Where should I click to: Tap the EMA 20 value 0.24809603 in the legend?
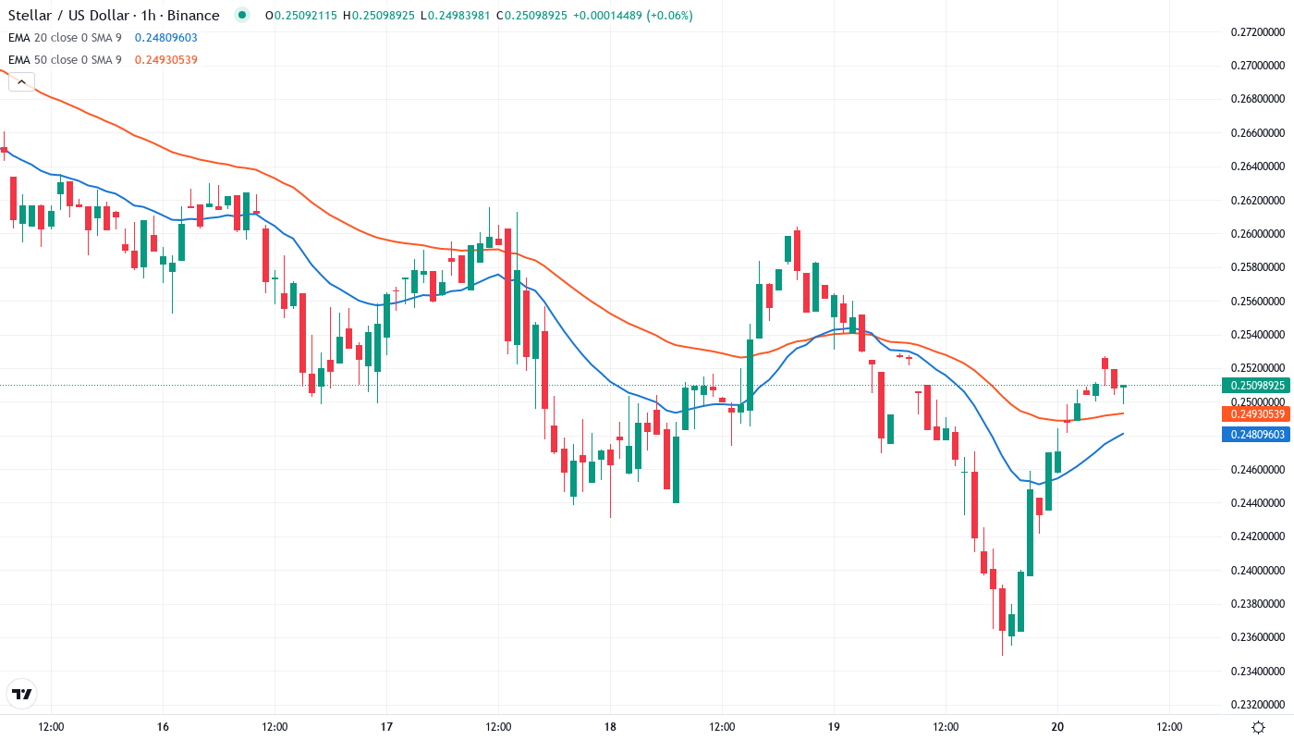point(165,38)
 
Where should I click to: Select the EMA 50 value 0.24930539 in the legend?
point(165,60)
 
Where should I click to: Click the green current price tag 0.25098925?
point(1255,385)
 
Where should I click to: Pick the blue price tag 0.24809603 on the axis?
point(1255,434)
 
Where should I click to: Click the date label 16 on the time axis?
point(163,726)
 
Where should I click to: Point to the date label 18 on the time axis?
point(610,726)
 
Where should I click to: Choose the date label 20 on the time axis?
point(1058,726)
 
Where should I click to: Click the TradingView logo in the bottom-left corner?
point(22,694)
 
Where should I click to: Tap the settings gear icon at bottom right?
point(1258,726)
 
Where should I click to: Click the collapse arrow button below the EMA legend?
point(21,82)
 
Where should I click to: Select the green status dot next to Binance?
point(242,15)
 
